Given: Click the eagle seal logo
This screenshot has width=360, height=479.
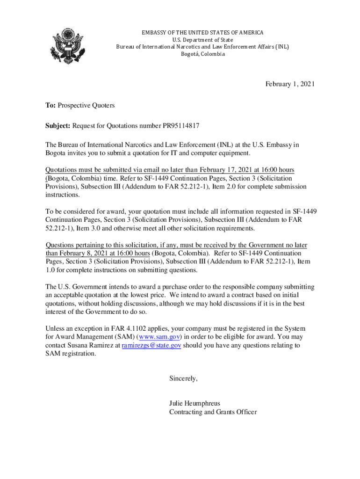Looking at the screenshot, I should tap(68, 46).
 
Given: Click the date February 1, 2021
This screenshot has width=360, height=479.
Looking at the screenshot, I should tap(290, 84).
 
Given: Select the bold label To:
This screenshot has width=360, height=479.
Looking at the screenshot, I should tap(50, 106).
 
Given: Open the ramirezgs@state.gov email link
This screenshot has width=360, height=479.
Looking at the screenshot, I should tap(151, 346).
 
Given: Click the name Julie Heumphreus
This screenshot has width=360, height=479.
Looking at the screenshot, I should tap(194, 404).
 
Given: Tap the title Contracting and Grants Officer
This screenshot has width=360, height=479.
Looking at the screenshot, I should tap(213, 412).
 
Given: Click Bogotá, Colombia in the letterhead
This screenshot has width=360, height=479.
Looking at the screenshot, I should tap(203, 54).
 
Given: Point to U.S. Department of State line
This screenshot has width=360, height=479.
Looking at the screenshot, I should tap(203, 40).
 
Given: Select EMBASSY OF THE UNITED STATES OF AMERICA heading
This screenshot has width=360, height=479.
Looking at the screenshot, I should tap(202, 33).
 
